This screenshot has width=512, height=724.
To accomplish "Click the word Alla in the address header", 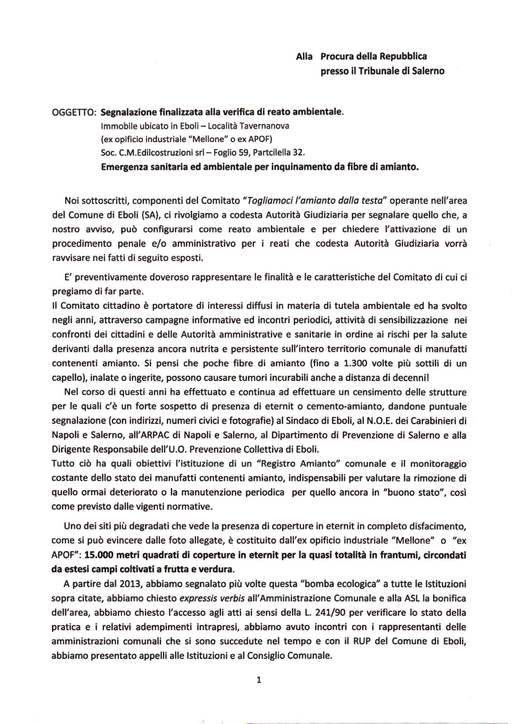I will click(x=304, y=57).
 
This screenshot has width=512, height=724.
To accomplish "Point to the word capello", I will click(x=67, y=378).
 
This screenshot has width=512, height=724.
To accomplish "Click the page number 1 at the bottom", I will click(x=258, y=680).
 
